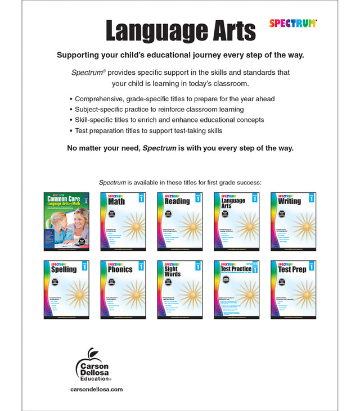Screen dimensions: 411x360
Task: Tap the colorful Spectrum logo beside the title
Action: point(292,23)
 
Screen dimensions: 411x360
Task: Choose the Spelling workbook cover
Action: point(66,289)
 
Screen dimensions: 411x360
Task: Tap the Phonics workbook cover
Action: point(123,289)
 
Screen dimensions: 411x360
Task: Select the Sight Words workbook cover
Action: point(179,289)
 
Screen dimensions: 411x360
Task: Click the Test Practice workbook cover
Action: point(236,289)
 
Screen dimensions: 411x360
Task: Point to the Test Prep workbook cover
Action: point(293,289)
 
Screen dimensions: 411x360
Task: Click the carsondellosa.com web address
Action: point(97,389)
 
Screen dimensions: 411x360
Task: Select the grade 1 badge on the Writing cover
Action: point(311,198)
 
